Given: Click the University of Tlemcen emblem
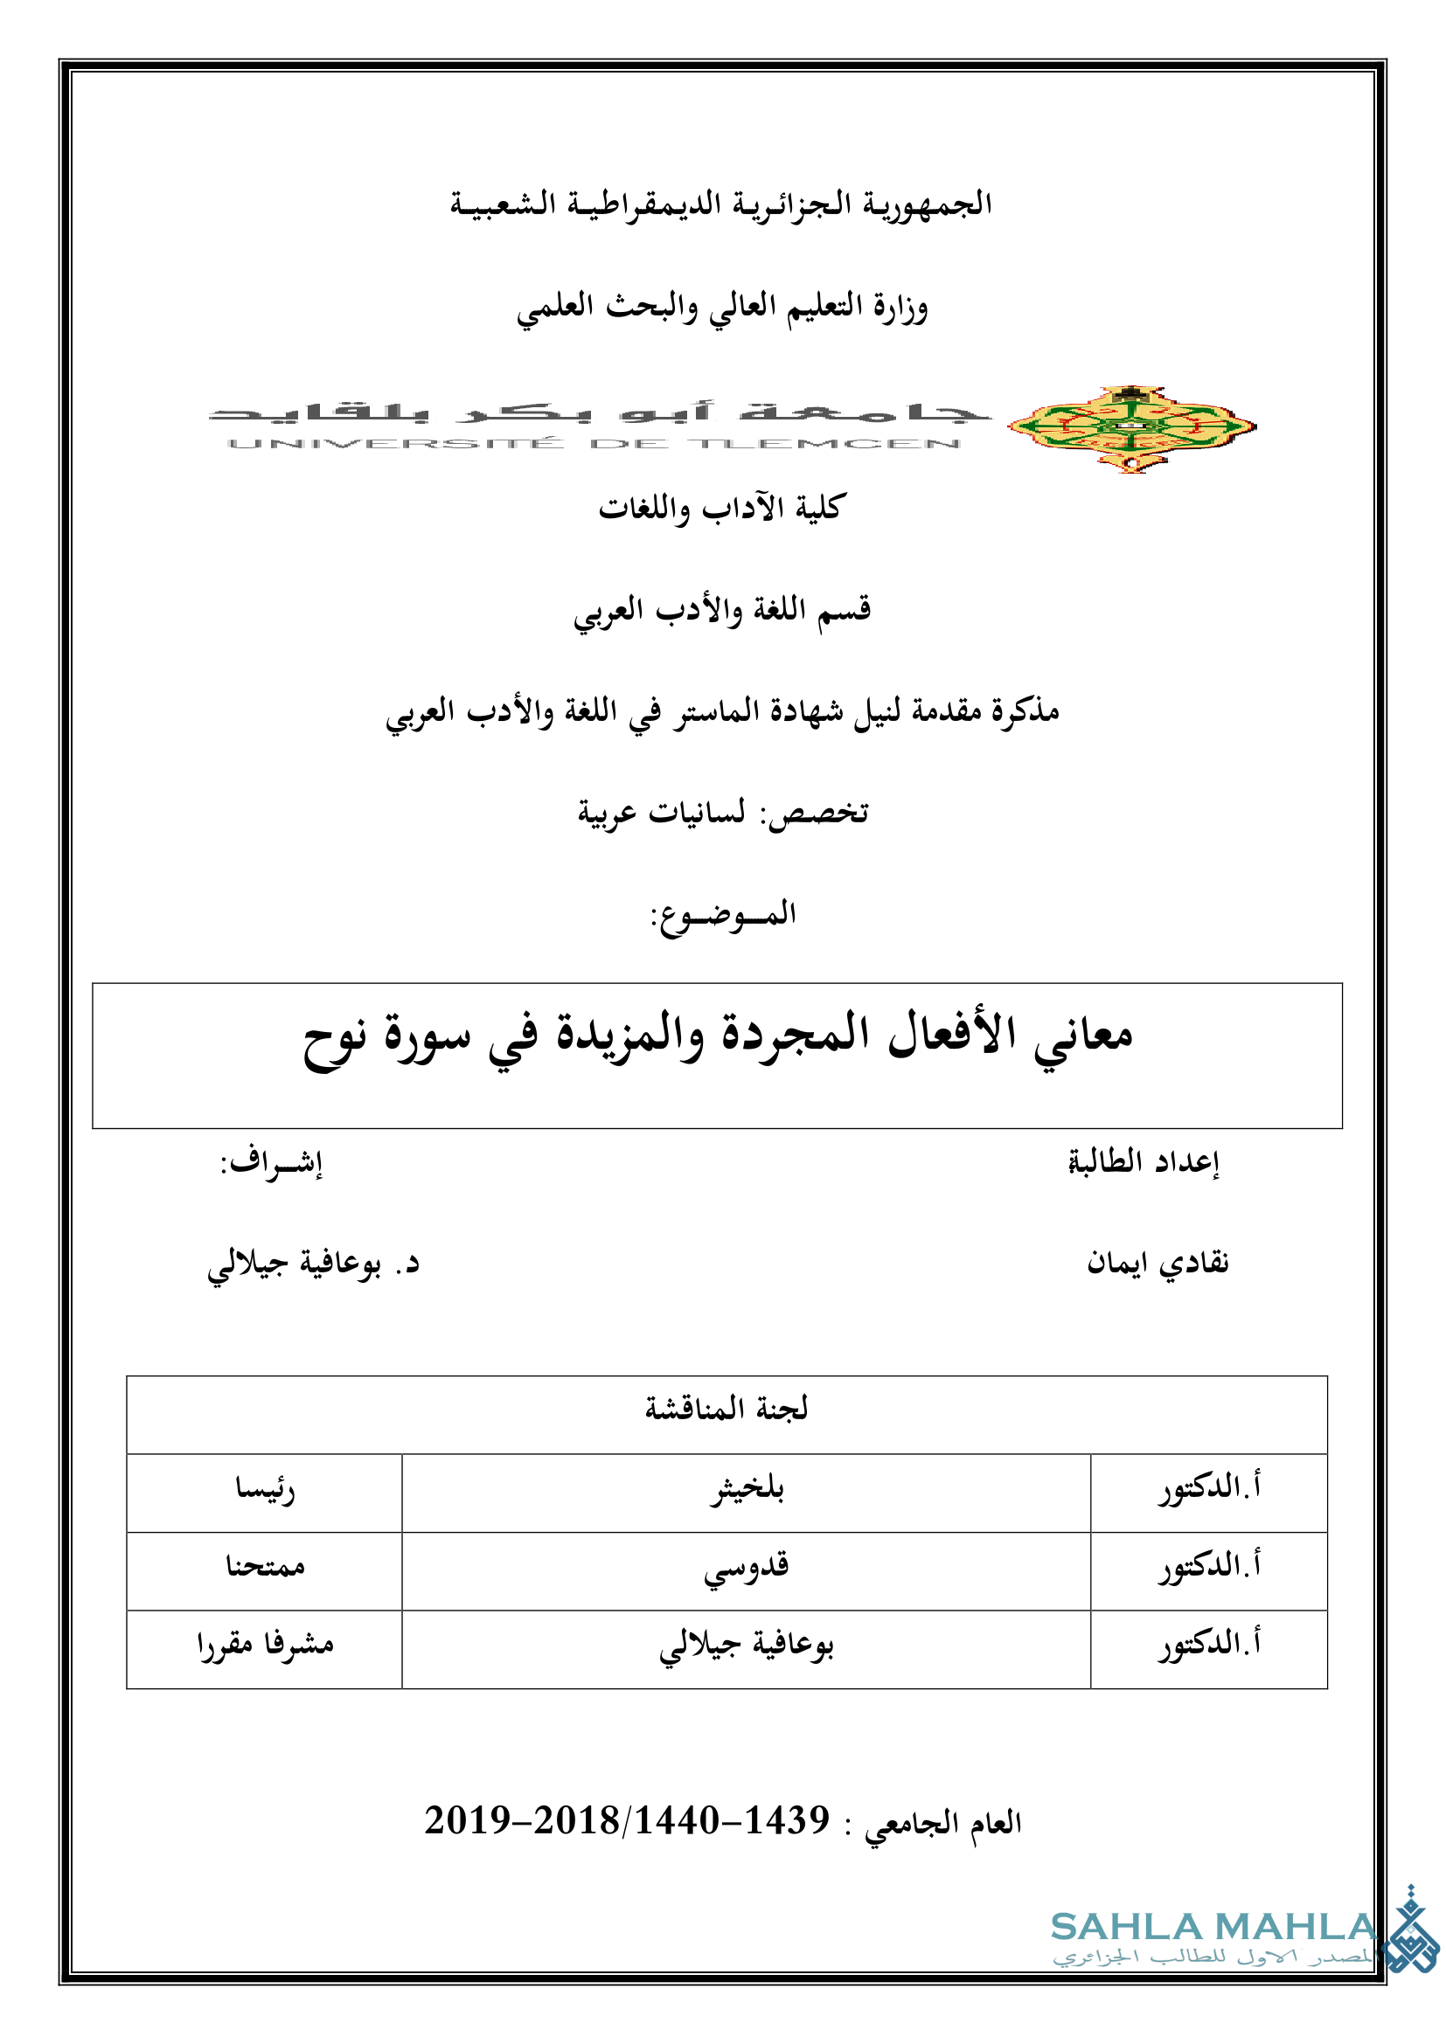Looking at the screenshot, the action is [x=1130, y=428].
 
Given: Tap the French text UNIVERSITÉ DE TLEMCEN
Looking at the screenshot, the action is [x=594, y=443].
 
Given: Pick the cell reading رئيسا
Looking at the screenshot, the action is [x=264, y=1488].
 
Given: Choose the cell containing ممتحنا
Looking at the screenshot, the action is [x=264, y=1566].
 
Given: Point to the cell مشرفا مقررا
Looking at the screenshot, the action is [x=264, y=1644].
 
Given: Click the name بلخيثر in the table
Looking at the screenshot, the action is [x=746, y=1488].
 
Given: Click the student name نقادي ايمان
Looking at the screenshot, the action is [x=1157, y=1264].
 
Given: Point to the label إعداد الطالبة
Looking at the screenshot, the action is [x=1144, y=1161].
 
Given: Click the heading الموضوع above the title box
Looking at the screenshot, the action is [x=723, y=914].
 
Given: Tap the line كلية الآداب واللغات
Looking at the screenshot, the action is [x=722, y=509].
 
